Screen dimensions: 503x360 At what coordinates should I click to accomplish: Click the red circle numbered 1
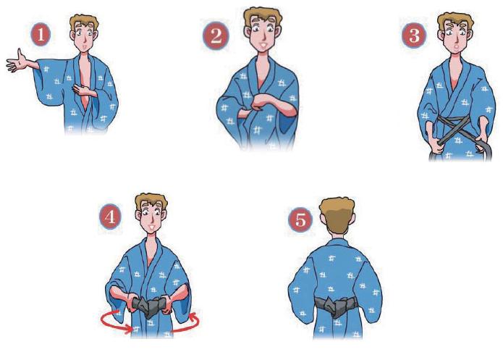[41, 35]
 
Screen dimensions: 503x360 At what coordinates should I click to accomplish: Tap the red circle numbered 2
[216, 35]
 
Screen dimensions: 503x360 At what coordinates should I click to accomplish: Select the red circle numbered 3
[414, 35]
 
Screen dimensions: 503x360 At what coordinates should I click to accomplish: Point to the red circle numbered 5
[300, 219]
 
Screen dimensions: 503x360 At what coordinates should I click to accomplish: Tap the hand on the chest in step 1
[83, 91]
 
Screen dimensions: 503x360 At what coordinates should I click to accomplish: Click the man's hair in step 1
[84, 22]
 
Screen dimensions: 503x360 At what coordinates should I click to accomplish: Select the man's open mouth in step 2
[263, 45]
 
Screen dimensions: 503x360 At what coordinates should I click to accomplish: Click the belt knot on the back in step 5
[334, 306]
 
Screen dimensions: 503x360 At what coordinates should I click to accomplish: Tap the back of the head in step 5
[337, 214]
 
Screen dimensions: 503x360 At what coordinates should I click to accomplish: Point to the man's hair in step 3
[455, 21]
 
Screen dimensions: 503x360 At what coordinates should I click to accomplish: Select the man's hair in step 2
[263, 16]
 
